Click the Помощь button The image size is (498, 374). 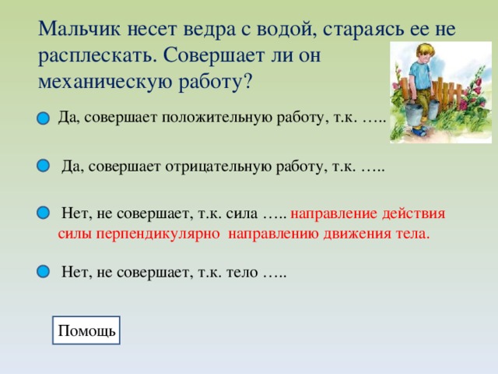[x=86, y=331]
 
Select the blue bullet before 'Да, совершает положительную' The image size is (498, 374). [x=43, y=118]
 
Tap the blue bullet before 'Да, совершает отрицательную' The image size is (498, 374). [x=43, y=165]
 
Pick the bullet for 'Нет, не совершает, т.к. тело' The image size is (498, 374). [x=43, y=271]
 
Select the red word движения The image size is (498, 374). [x=361, y=233]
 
